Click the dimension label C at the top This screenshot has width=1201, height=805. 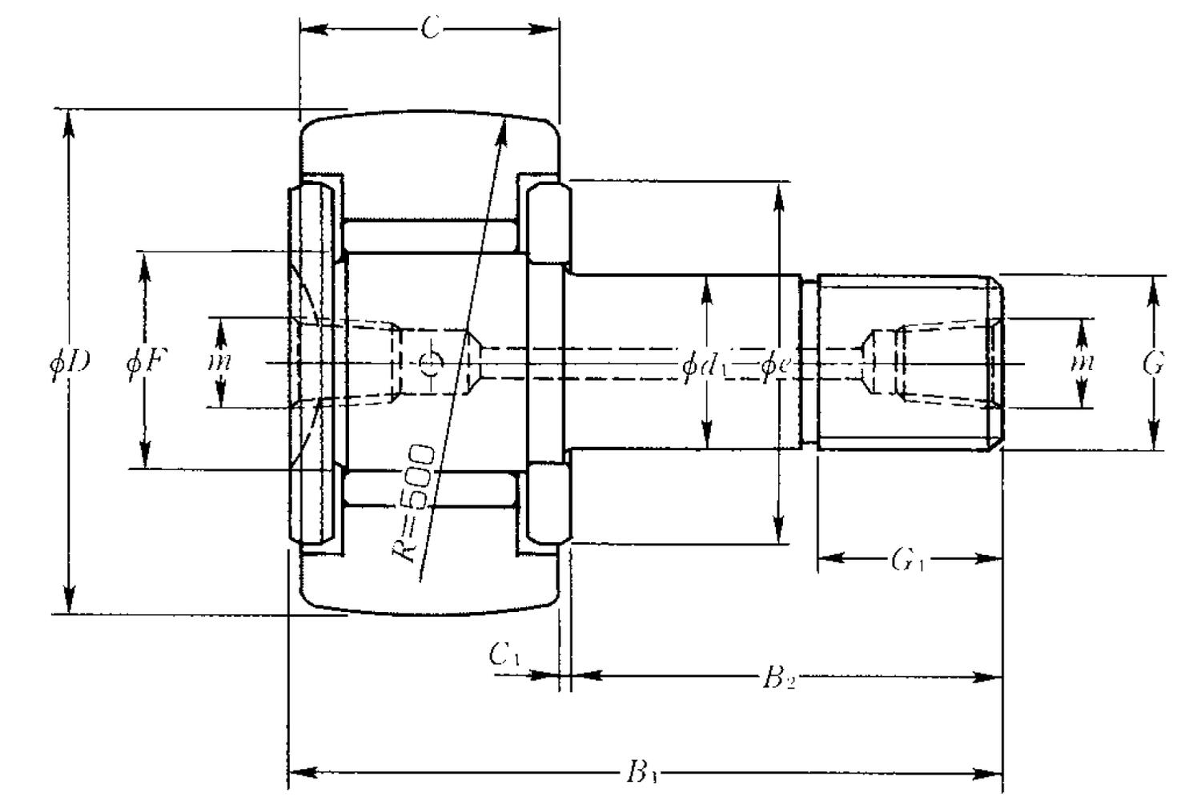tap(430, 30)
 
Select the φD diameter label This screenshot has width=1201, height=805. tap(70, 363)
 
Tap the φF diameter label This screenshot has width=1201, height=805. tap(147, 363)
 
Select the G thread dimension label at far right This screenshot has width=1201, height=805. tap(1153, 364)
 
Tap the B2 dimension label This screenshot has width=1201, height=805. tap(777, 678)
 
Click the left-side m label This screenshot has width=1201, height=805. tap(219, 362)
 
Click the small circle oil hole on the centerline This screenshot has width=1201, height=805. tap(432, 364)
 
